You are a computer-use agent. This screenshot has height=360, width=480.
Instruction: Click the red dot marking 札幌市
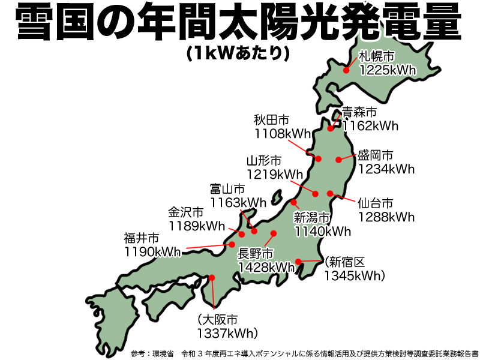pyautogui.click(x=346, y=70)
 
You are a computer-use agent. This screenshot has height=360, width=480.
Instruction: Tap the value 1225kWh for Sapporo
pyautogui.click(x=388, y=71)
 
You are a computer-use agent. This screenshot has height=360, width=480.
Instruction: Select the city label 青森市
pyautogui.click(x=359, y=112)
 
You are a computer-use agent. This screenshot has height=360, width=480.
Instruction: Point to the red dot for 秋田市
pyautogui.click(x=319, y=159)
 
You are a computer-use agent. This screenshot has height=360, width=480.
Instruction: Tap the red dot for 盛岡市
pyautogui.click(x=339, y=159)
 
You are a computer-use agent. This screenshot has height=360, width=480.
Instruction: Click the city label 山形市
pyautogui.click(x=264, y=161)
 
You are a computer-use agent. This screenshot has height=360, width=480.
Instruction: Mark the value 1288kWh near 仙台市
pyautogui.click(x=386, y=216)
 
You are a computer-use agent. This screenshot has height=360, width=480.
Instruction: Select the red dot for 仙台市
pyautogui.click(x=331, y=193)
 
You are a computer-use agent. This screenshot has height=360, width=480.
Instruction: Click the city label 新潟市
pyautogui.click(x=312, y=217)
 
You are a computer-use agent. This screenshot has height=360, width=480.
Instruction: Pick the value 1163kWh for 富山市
pyautogui.click(x=238, y=202)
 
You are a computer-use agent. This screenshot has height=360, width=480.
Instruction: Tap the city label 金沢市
pyautogui.click(x=185, y=212)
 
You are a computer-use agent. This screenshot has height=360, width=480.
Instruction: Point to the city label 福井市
pyautogui.click(x=142, y=238)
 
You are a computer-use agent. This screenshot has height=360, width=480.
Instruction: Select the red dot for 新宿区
pyautogui.click(x=298, y=262)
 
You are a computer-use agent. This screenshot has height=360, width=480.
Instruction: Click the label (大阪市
pyautogui.click(x=217, y=319)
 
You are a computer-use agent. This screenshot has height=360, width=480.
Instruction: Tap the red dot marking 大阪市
pyautogui.click(x=212, y=277)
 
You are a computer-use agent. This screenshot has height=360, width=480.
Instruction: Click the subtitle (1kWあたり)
pyautogui.click(x=238, y=53)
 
